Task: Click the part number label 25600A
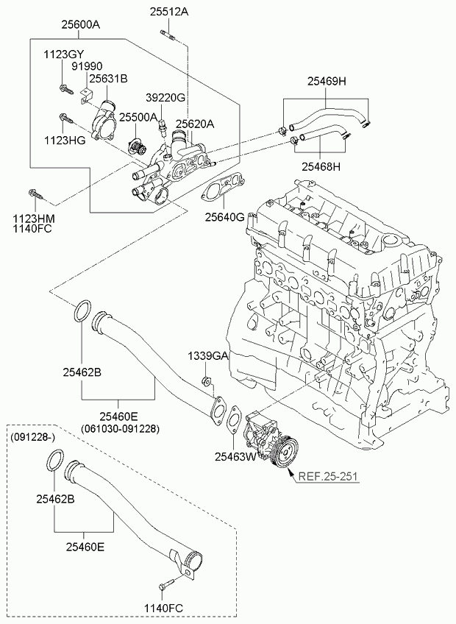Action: point(81,25)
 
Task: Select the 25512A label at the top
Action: point(169,12)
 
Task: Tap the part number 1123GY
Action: point(64,54)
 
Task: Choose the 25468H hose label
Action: point(321,166)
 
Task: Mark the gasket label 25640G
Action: point(224,217)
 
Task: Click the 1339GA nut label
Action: point(209,355)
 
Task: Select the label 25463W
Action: point(235,457)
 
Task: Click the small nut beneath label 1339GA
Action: point(207,381)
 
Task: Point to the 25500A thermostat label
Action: point(138,117)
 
